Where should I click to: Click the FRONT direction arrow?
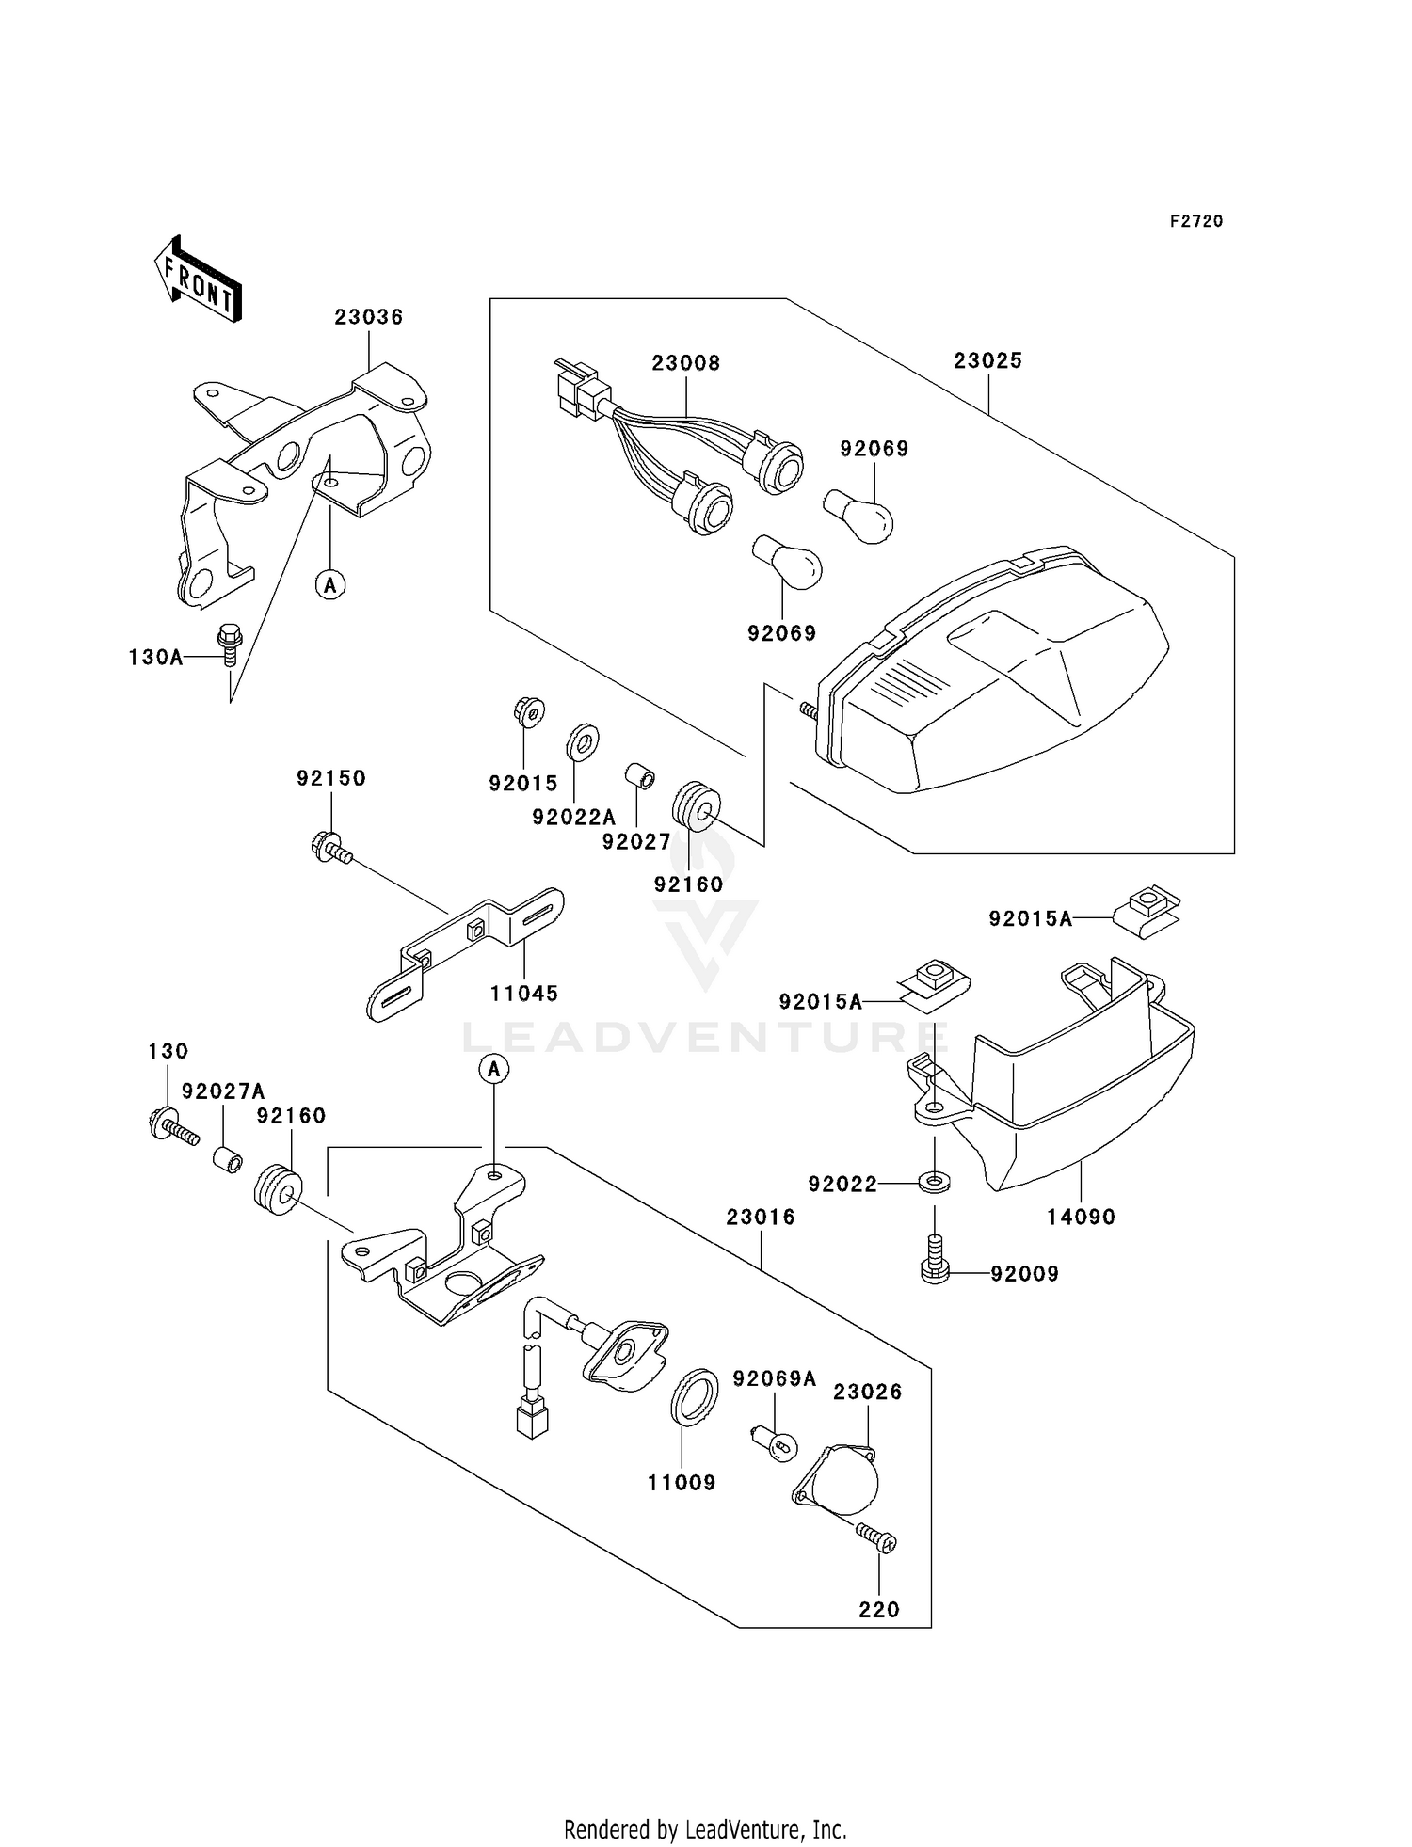198,279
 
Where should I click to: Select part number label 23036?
368,317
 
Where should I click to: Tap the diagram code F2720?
1196,221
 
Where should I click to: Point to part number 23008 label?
686,363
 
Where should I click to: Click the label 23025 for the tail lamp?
987,360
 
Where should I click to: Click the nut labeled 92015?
531,712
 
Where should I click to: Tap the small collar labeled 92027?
641,777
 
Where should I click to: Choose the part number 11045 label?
524,993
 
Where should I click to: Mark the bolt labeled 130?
172,1125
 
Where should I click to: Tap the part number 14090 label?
1082,1217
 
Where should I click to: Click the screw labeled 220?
878,1538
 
